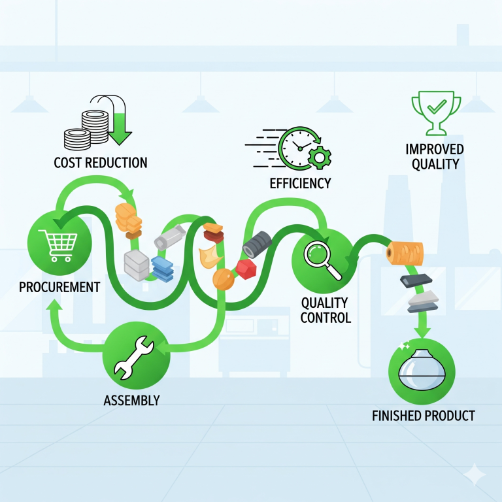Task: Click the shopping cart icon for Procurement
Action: pyautogui.click(x=58, y=244)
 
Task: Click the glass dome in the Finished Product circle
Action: pyautogui.click(x=421, y=373)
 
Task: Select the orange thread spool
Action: pyautogui.click(x=405, y=252)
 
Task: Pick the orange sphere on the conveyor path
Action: pyautogui.click(x=223, y=280)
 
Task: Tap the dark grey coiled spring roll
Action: pyautogui.click(x=256, y=245)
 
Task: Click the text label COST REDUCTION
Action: pyautogui.click(x=101, y=162)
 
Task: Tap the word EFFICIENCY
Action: pyautogui.click(x=300, y=183)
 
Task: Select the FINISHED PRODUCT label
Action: pyautogui.click(x=423, y=416)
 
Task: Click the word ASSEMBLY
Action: pyautogui.click(x=131, y=400)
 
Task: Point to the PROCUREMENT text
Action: pyautogui.click(x=59, y=287)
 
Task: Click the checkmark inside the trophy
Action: pyautogui.click(x=436, y=105)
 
